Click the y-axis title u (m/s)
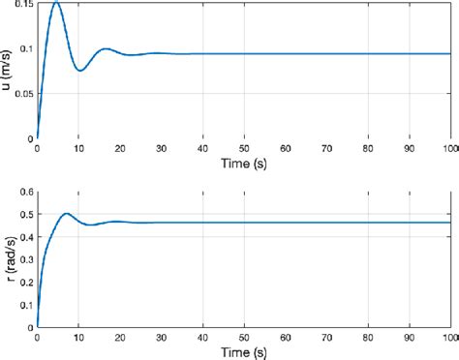tap(8, 70)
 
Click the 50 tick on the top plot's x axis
tap(244, 149)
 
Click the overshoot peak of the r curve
tap(66, 213)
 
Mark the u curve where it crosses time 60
tap(286, 53)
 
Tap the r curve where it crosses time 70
tap(327, 223)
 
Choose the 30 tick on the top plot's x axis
tap(162, 149)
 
